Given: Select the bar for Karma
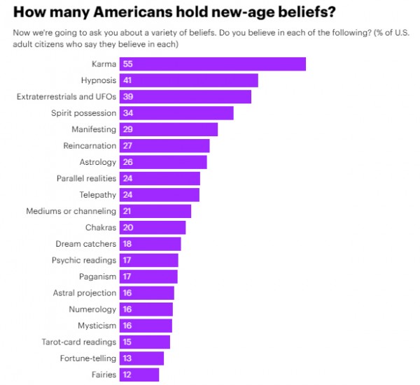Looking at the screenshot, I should click(x=213, y=64).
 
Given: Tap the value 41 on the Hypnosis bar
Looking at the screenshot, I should click(x=127, y=80).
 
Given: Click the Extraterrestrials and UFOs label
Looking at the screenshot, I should click(x=66, y=96).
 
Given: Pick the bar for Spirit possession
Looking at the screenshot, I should click(x=176, y=113).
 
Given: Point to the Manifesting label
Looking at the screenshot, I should click(x=94, y=129).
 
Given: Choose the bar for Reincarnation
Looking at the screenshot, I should click(x=164, y=145).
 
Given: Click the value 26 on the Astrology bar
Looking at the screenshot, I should click(x=127, y=162).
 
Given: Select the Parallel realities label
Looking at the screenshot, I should click(x=87, y=178).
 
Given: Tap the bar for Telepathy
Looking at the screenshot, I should click(x=160, y=195).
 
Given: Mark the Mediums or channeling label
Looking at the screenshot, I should click(x=71, y=211).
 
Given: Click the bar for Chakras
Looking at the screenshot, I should click(x=153, y=228).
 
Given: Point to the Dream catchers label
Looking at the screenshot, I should click(x=86, y=244).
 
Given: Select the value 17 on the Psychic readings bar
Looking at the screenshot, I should click(x=127, y=261).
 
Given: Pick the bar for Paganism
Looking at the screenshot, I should click(x=148, y=277).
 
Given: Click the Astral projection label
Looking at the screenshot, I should click(x=85, y=293).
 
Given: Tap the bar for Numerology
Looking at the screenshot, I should click(x=146, y=310).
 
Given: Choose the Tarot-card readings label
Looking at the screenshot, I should click(x=79, y=342).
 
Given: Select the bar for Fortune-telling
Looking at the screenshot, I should click(x=142, y=358).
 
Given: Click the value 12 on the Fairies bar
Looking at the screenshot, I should click(x=127, y=375).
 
